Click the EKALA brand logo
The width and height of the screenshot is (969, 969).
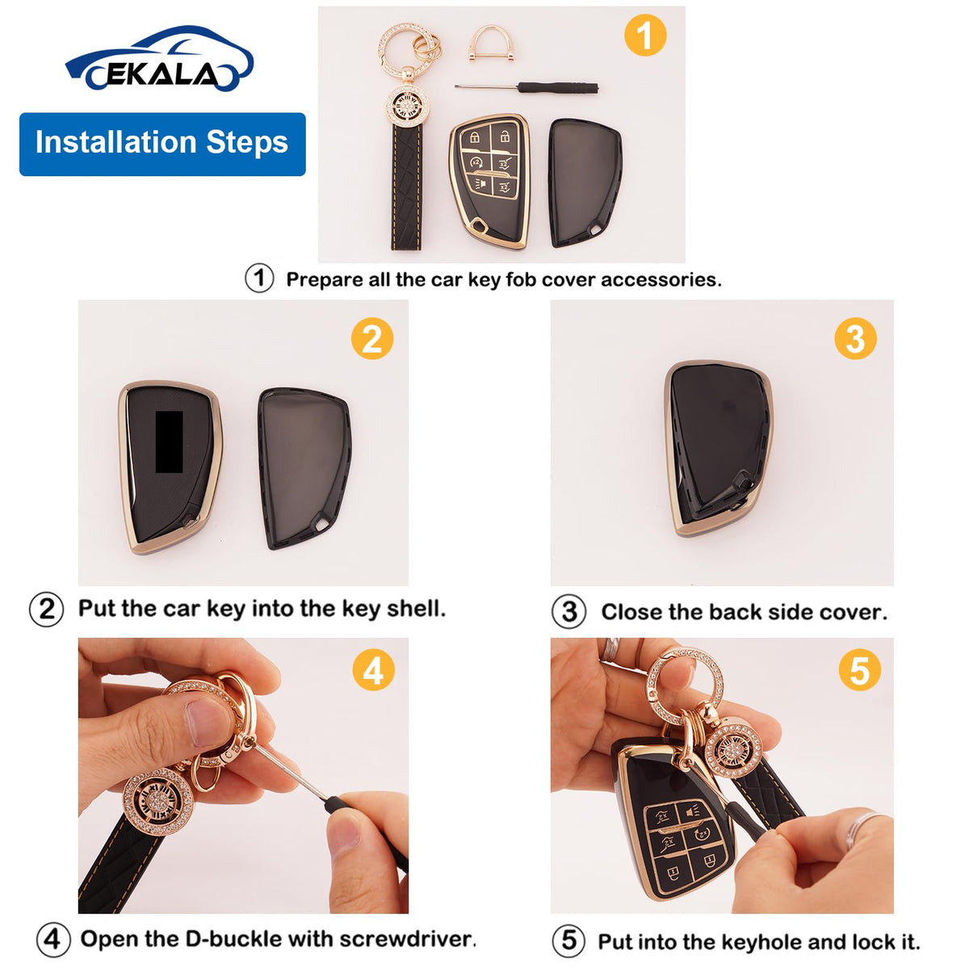(x=159, y=59)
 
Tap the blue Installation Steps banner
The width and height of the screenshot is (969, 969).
(x=162, y=145)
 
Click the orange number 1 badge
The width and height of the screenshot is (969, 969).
(x=645, y=36)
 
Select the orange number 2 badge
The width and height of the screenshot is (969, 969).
(x=372, y=338)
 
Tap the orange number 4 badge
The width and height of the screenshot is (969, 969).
(x=373, y=669)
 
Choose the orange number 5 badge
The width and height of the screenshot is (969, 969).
(x=860, y=669)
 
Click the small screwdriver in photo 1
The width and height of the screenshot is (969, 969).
(x=526, y=87)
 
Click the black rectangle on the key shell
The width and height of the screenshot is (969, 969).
(x=169, y=442)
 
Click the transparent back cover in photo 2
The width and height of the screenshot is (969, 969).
(x=304, y=468)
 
